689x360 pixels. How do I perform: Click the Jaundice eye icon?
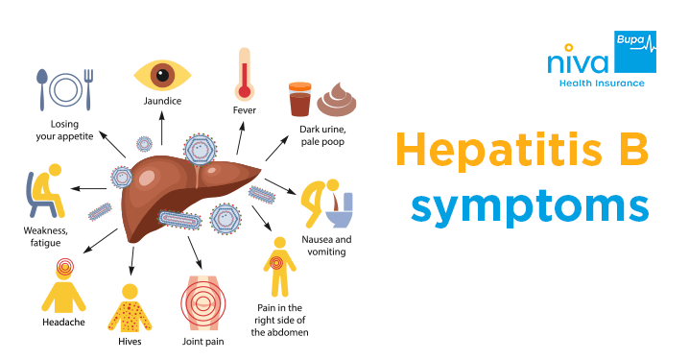click(164, 74)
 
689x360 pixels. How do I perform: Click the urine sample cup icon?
click(300, 100)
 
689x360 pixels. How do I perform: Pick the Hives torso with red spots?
click(127, 306)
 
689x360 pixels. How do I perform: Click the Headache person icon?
click(63, 283)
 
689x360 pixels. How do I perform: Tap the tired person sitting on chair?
click(44, 192)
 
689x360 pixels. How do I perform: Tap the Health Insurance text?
click(602, 84)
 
